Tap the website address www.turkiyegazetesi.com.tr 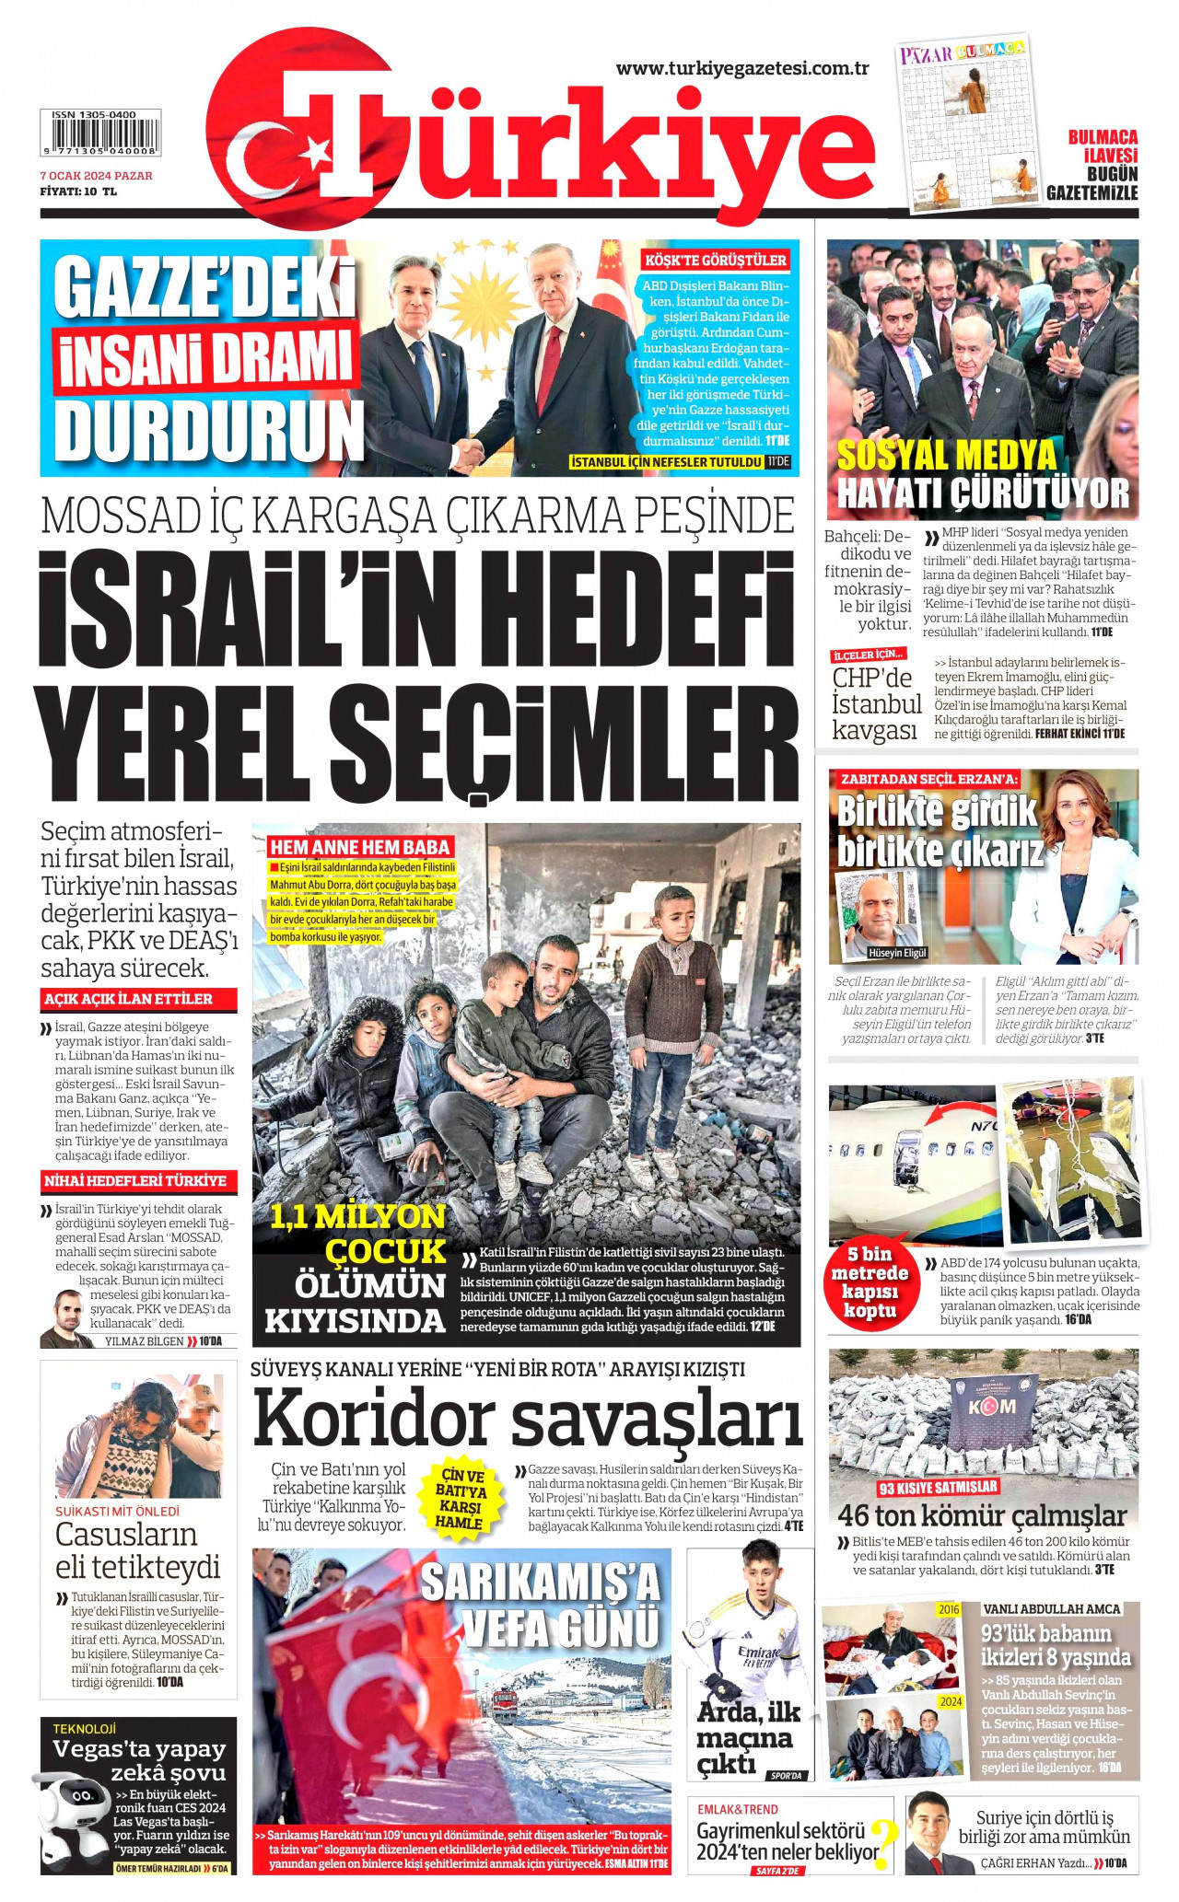coord(742,69)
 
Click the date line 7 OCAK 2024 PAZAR coord(96,176)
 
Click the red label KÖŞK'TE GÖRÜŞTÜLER coord(716,260)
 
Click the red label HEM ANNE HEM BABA coord(360,847)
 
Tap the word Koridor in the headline coord(374,1419)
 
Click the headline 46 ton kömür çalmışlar coord(982,1515)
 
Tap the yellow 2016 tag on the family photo coord(948,1609)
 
